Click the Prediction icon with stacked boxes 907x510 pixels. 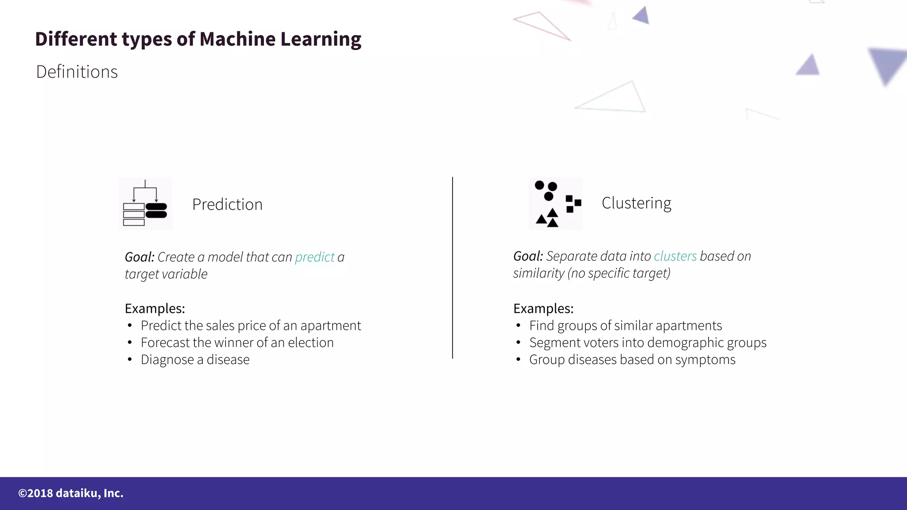[145, 204]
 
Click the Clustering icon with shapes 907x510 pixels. [555, 204]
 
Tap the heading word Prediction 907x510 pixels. [227, 205]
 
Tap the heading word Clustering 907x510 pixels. [636, 203]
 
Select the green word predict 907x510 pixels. [314, 257]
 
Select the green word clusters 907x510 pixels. [675, 256]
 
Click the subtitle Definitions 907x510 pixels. [77, 72]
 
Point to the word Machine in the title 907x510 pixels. [237, 39]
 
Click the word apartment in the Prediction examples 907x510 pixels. [330, 326]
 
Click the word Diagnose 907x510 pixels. [167, 360]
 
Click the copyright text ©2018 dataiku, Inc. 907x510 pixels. [71, 493]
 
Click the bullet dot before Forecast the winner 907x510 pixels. [129, 343]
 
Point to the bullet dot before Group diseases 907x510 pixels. [518, 359]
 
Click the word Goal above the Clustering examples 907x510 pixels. [527, 256]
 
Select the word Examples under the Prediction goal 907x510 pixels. [155, 309]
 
